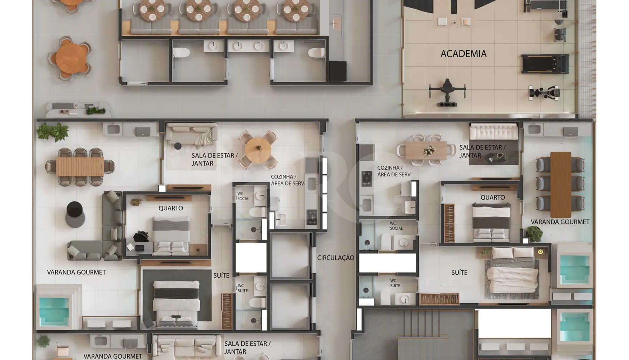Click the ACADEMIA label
(x=464, y=54)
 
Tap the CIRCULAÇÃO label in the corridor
(x=336, y=258)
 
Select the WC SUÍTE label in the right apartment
(x=395, y=283)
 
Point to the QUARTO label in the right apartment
(x=492, y=197)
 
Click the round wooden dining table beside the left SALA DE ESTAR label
(x=258, y=150)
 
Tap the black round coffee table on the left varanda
(x=75, y=209)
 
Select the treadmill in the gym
(x=545, y=64)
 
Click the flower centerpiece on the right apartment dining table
(x=429, y=151)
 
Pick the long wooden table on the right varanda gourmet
(x=560, y=185)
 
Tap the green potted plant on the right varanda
(x=534, y=234)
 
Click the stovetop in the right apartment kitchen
(x=367, y=179)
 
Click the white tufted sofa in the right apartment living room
(x=494, y=131)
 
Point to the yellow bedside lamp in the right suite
(x=540, y=252)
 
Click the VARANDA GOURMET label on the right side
(x=560, y=222)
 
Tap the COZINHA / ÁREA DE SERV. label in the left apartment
(x=288, y=180)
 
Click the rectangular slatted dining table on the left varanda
(x=80, y=167)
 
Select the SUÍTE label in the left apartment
(x=221, y=275)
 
